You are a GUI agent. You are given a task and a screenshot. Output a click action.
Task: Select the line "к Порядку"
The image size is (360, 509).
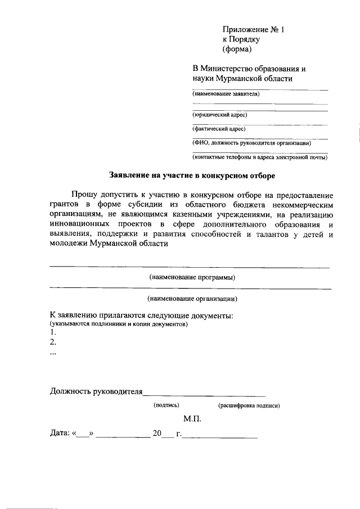[x=241, y=40]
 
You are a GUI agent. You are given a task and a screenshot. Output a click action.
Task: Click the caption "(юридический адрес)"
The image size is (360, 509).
[x=219, y=115]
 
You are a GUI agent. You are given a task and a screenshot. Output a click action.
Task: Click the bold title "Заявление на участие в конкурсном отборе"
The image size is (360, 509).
[x=192, y=176]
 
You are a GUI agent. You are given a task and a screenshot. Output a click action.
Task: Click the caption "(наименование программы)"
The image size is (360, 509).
[x=192, y=277]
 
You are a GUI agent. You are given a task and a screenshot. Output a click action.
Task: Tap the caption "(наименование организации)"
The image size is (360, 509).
[x=192, y=299]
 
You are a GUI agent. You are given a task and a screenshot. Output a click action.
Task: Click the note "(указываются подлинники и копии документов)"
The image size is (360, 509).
[x=119, y=325]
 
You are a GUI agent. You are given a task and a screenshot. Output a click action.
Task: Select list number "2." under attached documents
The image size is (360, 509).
[x=53, y=342]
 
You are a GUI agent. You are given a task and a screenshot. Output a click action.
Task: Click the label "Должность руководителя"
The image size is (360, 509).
[x=96, y=391]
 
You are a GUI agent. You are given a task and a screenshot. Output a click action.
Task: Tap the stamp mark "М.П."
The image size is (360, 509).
[x=192, y=419]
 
